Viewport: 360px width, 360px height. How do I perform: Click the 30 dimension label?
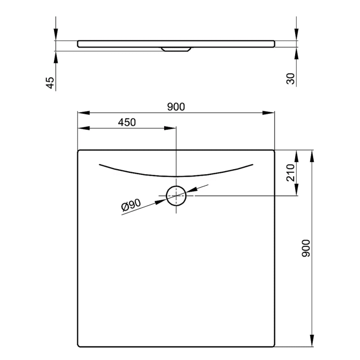291,79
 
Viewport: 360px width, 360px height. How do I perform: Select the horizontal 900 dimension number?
176,106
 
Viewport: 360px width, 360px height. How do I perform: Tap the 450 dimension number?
127,122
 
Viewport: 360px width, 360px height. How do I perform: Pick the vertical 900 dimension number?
306,249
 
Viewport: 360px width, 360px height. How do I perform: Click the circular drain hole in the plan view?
176,195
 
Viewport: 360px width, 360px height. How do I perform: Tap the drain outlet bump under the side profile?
176,49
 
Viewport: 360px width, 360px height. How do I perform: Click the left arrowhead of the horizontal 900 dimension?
81,113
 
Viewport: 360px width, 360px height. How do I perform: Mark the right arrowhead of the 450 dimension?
171,128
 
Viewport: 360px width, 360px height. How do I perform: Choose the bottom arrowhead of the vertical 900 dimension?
312,342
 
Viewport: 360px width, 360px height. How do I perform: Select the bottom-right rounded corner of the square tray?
273,345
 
